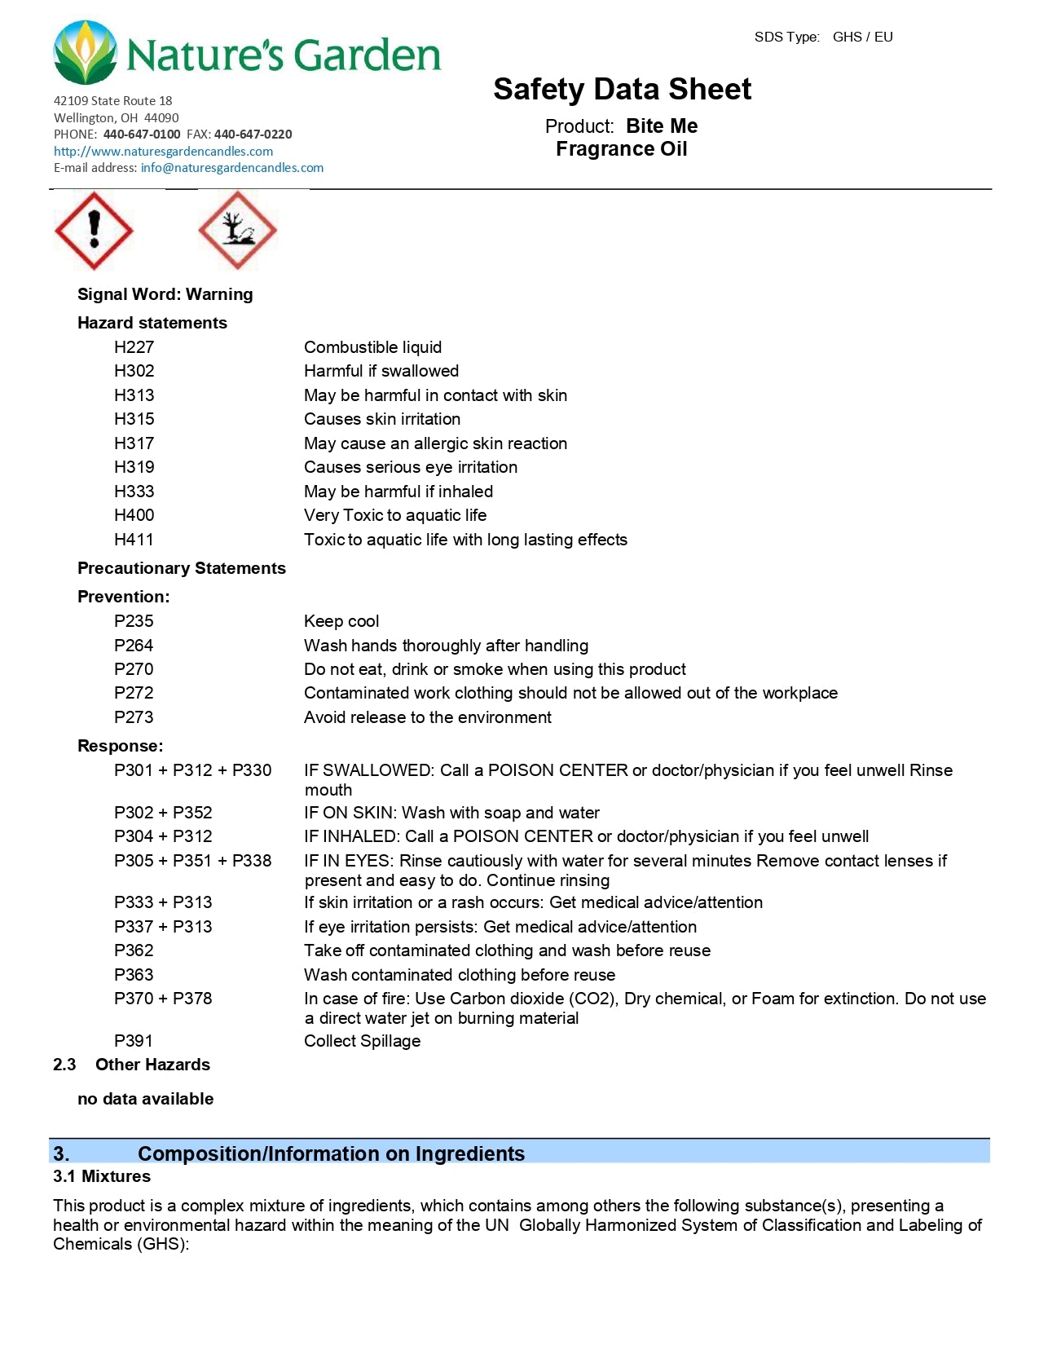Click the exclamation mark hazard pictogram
(x=94, y=231)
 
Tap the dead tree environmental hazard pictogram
(x=237, y=231)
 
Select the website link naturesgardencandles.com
(x=163, y=151)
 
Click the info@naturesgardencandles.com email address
(x=231, y=168)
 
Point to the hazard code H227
(x=134, y=347)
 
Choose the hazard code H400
(x=134, y=515)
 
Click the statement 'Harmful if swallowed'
(x=381, y=371)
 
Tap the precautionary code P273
(x=134, y=717)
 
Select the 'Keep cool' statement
(x=341, y=621)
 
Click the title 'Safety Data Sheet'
(x=622, y=89)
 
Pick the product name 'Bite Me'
(x=662, y=126)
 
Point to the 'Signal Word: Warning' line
(x=165, y=294)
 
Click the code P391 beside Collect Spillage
(x=134, y=1041)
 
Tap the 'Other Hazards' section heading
(x=152, y=1065)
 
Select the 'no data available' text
(x=145, y=1099)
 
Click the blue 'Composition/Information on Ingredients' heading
(x=331, y=1153)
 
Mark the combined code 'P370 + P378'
(x=163, y=999)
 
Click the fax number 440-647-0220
(x=253, y=134)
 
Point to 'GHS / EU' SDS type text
(x=862, y=37)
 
